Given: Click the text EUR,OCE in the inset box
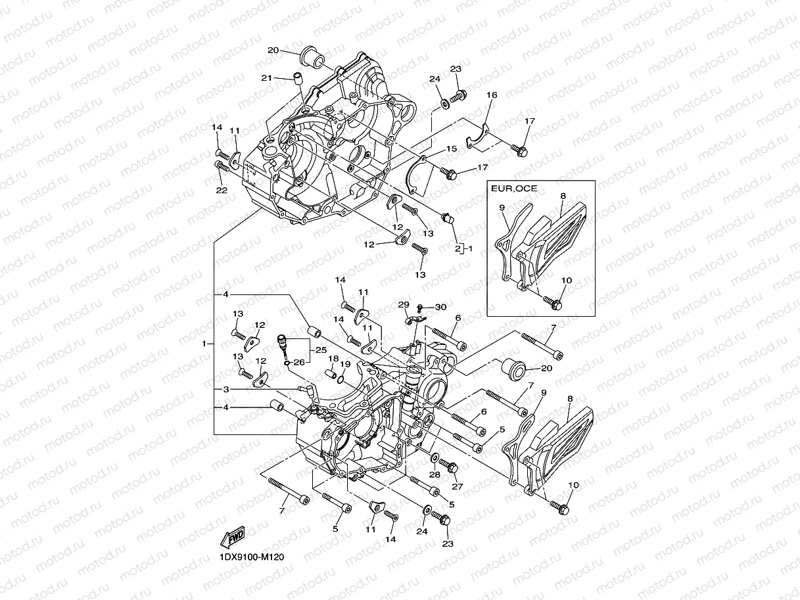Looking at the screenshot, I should tap(514, 189).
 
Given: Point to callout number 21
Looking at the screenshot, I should tap(266, 78).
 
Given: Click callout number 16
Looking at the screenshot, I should tap(492, 95).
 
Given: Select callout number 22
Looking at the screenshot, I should tap(221, 191).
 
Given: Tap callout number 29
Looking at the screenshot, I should tap(403, 305).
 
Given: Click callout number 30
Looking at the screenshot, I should tap(440, 307).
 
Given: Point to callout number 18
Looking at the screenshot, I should tap(333, 359).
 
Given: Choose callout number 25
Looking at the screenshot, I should tap(321, 350).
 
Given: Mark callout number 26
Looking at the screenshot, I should tap(299, 362).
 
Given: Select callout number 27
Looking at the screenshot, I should tap(457, 486).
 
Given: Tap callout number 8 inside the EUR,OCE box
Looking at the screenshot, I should tap(563, 196).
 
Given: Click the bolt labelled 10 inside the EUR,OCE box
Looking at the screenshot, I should tap(555, 304).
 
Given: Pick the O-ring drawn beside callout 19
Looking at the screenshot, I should tap(340, 377).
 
